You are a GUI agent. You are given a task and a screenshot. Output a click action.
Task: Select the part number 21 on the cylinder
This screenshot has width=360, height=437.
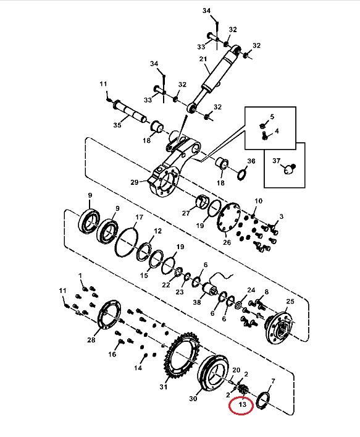pos(203,59)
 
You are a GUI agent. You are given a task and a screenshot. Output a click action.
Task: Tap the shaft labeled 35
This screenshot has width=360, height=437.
pos(130,111)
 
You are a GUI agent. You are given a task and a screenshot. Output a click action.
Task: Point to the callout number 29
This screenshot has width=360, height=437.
pos(135,182)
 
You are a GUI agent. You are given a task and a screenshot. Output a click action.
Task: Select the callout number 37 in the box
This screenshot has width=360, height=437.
pos(276,161)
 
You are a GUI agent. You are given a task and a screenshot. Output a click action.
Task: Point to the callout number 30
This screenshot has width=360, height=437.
pos(193,399)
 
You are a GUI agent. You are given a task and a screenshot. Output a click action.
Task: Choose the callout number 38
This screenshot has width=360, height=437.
pos(197,302)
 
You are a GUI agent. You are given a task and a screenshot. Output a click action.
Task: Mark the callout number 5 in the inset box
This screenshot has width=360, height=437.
pos(272,116)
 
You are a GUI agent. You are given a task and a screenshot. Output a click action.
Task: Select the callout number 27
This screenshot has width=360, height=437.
pos(186,213)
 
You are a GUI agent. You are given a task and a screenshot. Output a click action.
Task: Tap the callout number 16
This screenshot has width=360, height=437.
pos(112,354)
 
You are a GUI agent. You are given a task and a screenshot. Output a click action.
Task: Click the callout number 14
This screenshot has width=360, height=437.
pos(138,368)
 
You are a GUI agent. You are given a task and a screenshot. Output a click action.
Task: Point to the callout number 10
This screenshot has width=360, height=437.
pos(258,201)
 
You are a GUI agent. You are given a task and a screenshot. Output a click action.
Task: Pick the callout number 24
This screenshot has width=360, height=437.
pos(251,290)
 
